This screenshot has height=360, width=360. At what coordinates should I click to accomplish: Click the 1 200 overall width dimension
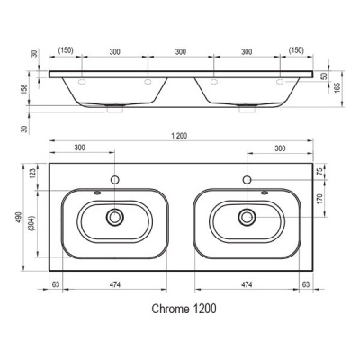point(179,136)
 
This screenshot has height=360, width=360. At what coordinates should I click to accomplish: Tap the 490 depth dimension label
point(19,217)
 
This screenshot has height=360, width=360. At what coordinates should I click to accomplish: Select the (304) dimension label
point(32,223)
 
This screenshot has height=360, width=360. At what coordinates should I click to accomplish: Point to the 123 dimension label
point(32,174)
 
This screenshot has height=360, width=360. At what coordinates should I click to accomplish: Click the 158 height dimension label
point(24,89)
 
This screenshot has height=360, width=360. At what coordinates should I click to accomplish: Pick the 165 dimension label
point(337,87)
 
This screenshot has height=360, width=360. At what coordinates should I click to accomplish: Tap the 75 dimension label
point(319,172)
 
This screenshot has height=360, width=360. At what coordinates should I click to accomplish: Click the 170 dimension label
point(319,199)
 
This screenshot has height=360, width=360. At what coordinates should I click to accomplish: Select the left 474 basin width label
point(115,284)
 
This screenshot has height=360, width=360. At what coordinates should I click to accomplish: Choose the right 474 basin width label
point(247,284)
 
